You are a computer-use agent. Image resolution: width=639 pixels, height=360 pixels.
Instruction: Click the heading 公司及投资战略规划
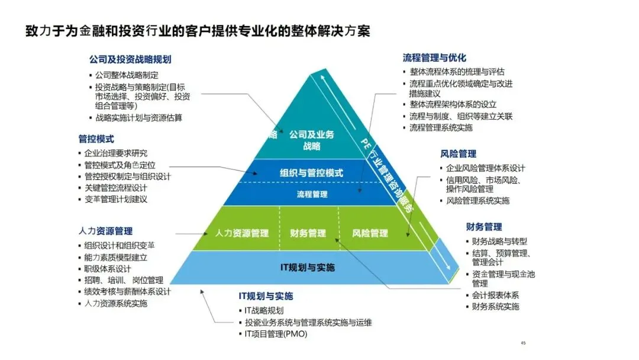130,60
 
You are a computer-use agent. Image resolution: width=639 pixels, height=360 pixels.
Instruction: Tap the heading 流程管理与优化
434,57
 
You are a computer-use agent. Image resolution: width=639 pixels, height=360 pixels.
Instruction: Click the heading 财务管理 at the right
484,227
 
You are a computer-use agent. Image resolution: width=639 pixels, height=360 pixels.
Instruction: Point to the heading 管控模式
96,139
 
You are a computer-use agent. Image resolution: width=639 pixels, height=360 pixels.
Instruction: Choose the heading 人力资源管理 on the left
105,231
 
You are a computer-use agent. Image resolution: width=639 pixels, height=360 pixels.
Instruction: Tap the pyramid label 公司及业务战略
311,140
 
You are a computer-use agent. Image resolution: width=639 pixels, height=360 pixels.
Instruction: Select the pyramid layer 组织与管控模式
311,173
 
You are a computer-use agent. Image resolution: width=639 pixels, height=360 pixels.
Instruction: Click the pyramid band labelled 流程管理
311,194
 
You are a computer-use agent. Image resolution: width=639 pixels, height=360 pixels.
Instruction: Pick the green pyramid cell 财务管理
308,233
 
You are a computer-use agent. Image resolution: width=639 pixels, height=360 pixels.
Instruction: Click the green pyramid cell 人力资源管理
242,233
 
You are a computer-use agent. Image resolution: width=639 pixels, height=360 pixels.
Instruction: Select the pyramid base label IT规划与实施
307,267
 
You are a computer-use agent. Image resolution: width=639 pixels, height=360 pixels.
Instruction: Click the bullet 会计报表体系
495,295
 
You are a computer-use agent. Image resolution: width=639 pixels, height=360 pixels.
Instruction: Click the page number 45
523,343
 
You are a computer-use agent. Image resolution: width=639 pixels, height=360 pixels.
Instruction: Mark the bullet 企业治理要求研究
116,153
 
